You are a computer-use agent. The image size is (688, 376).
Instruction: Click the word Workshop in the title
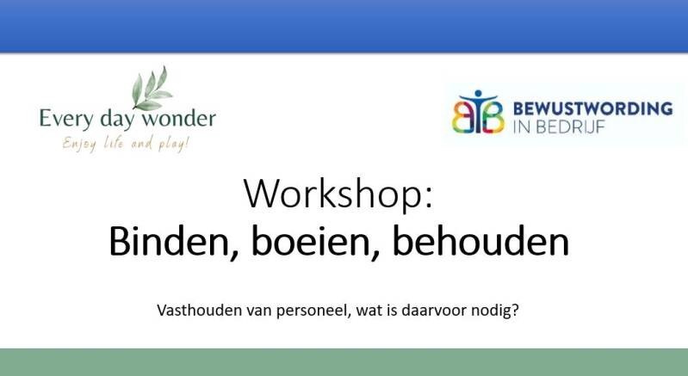point(332,194)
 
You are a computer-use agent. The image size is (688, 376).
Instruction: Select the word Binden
point(169,243)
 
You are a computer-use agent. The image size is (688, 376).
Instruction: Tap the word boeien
point(311,243)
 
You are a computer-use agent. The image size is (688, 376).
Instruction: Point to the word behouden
point(480,241)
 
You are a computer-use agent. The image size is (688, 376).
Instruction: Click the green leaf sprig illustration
point(152,89)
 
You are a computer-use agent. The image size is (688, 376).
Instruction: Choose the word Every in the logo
point(66,120)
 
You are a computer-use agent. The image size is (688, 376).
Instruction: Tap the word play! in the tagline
point(174,145)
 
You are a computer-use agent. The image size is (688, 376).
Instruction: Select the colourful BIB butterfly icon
point(478,112)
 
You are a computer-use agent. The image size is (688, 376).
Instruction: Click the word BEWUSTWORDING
point(592,108)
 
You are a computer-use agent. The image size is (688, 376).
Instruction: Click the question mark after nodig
point(515,311)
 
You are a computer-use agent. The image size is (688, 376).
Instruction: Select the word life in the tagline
point(113,143)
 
